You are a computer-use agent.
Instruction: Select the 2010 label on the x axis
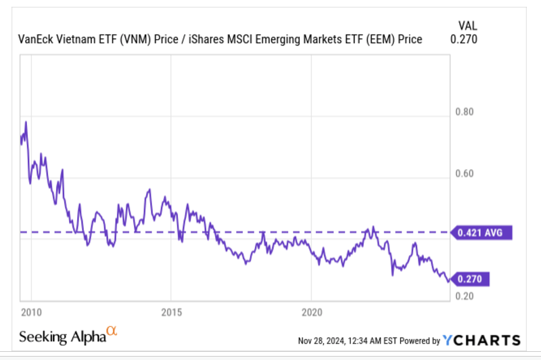point(31,313)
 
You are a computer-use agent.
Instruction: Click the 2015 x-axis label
point(171,313)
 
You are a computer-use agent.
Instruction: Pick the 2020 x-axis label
point(311,313)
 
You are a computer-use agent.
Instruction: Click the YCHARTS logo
point(481,340)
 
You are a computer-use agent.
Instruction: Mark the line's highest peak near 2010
point(26,122)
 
